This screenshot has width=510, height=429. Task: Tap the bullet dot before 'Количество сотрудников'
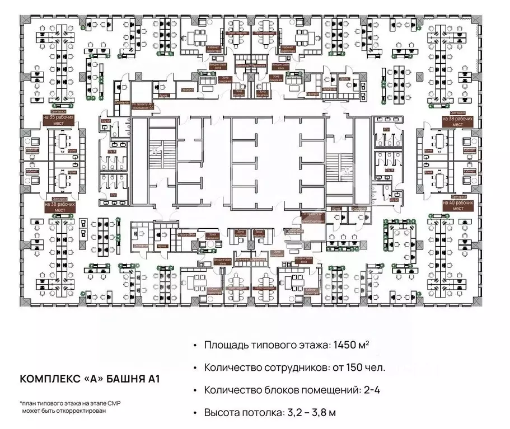194,367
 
